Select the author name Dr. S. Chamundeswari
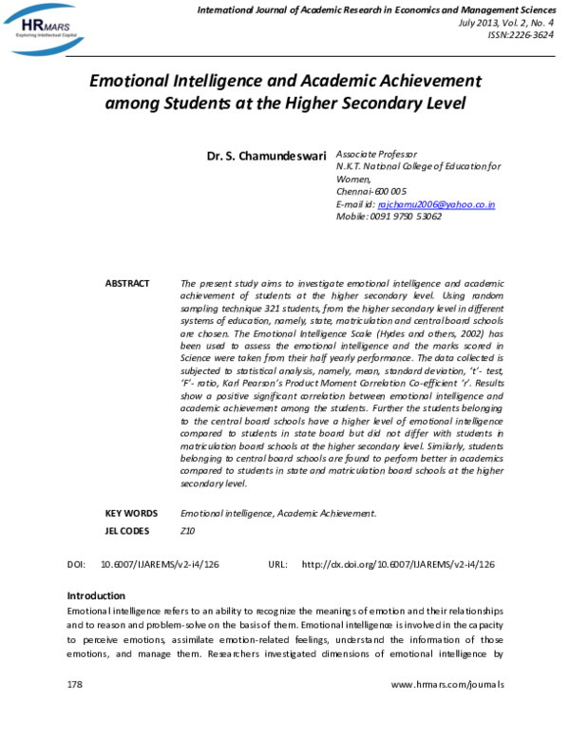[x=266, y=154]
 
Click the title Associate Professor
[x=376, y=154]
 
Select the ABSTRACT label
[x=127, y=284]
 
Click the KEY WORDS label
[x=131, y=513]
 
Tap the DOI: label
[x=77, y=564]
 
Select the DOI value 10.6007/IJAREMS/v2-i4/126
[x=160, y=564]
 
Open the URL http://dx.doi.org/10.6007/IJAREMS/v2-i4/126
[x=397, y=564]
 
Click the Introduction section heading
[x=96, y=595]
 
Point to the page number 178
[x=76, y=685]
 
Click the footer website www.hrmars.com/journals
[x=446, y=685]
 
